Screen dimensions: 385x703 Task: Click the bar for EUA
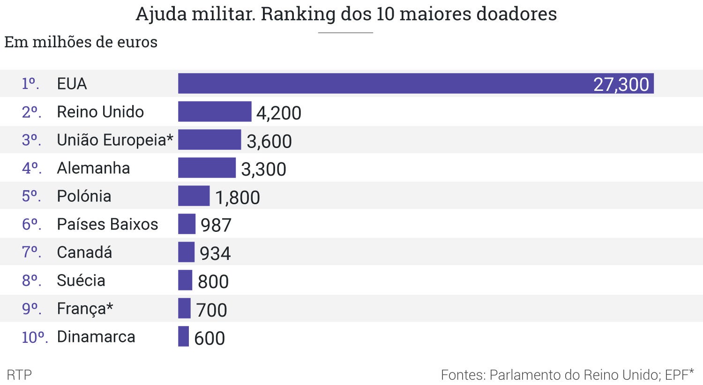tap(416, 83)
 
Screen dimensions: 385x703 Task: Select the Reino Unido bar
tap(215, 111)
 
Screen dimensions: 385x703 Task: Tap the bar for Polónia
tap(194, 196)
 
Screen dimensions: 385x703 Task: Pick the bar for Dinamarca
tap(183, 336)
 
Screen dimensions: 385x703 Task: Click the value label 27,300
tap(621, 84)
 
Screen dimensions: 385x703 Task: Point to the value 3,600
tap(269, 141)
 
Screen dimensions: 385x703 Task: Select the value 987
tap(216, 225)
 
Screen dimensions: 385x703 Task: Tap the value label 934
tap(215, 253)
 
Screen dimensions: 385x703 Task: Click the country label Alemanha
tap(93, 168)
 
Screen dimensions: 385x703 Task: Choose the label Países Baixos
tap(107, 224)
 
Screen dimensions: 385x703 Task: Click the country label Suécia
tap(81, 281)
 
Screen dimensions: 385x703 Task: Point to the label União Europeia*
tap(115, 140)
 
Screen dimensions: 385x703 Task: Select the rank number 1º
tap(30, 84)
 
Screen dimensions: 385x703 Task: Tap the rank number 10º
tap(35, 337)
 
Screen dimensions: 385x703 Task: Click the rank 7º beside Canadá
tap(31, 252)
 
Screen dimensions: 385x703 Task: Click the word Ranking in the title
tap(298, 14)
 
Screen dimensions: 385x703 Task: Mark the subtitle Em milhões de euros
tap(81, 42)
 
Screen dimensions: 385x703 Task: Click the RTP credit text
tap(19, 375)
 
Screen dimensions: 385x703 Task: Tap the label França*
tap(85, 309)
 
